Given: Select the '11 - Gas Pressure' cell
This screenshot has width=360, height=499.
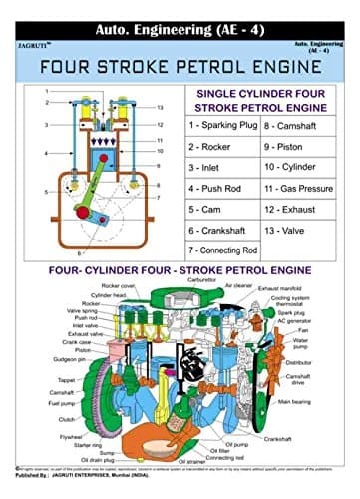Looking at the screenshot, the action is pos(301,187).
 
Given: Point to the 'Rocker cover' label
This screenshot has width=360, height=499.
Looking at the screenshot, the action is pos(124,285).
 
